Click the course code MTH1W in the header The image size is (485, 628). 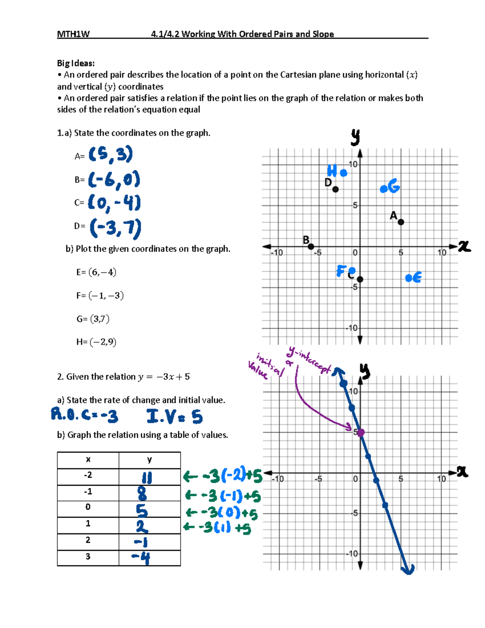point(73,34)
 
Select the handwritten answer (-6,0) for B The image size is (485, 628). point(114,179)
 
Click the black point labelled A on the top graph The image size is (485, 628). point(401,222)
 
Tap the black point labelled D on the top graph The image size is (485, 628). point(335,189)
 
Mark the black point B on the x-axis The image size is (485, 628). point(311,246)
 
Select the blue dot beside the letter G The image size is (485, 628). point(383,189)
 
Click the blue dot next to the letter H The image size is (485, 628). point(344,173)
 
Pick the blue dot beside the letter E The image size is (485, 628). point(409,278)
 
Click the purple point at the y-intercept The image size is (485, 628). point(361,432)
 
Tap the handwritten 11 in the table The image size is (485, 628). point(147,478)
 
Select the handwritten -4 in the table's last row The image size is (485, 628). point(141,558)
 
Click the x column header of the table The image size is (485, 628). point(88,460)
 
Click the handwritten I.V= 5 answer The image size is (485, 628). point(175,417)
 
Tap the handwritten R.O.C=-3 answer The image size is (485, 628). point(84,415)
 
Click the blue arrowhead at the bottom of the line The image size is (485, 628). point(409,569)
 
